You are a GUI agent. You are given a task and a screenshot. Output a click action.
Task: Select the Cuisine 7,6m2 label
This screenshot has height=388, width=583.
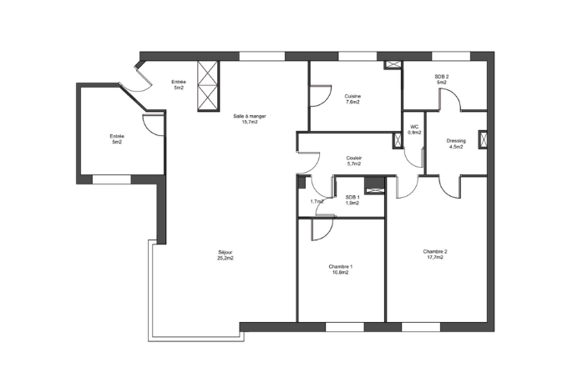click(x=352, y=99)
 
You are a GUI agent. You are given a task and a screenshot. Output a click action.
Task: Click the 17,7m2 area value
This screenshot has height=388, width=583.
click(x=435, y=257)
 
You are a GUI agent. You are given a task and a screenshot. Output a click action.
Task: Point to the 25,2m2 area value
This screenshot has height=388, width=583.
click(x=226, y=258)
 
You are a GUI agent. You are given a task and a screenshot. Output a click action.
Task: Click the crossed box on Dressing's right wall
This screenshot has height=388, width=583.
click(x=483, y=139)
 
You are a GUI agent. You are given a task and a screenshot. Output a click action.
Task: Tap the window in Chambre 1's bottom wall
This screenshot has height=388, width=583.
click(x=345, y=327)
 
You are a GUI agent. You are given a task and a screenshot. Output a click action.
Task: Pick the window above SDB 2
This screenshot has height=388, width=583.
click(x=451, y=56)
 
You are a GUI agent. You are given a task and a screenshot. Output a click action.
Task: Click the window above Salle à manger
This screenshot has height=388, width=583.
click(x=261, y=56)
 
